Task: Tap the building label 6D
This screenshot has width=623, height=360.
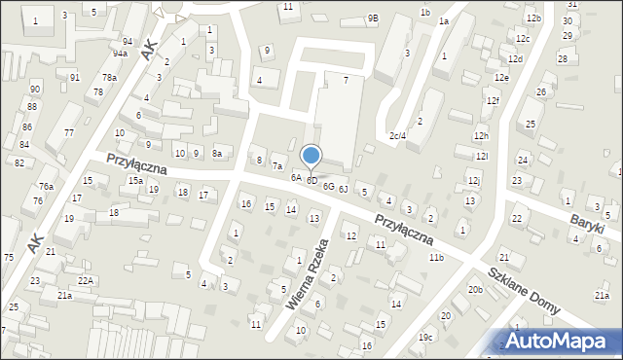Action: [x=312, y=180]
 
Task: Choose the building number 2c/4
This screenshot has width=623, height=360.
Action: [x=397, y=135]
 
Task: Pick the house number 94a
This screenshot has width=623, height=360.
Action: [x=119, y=54]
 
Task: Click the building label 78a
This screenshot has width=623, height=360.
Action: [x=110, y=77]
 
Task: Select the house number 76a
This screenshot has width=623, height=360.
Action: [x=45, y=186]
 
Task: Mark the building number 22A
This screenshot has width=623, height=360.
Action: [x=86, y=280]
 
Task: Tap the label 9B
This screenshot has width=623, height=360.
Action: [x=373, y=18]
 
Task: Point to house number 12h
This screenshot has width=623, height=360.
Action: [x=481, y=135]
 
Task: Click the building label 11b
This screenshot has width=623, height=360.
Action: [x=436, y=257]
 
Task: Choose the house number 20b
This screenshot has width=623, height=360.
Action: [x=475, y=290]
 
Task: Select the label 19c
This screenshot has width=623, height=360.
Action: [x=425, y=338]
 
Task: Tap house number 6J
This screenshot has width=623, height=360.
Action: [x=344, y=188]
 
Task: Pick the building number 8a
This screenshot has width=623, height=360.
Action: [x=218, y=153]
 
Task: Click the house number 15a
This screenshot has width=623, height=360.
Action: [x=136, y=180]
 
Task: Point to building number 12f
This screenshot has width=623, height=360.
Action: [x=494, y=100]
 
